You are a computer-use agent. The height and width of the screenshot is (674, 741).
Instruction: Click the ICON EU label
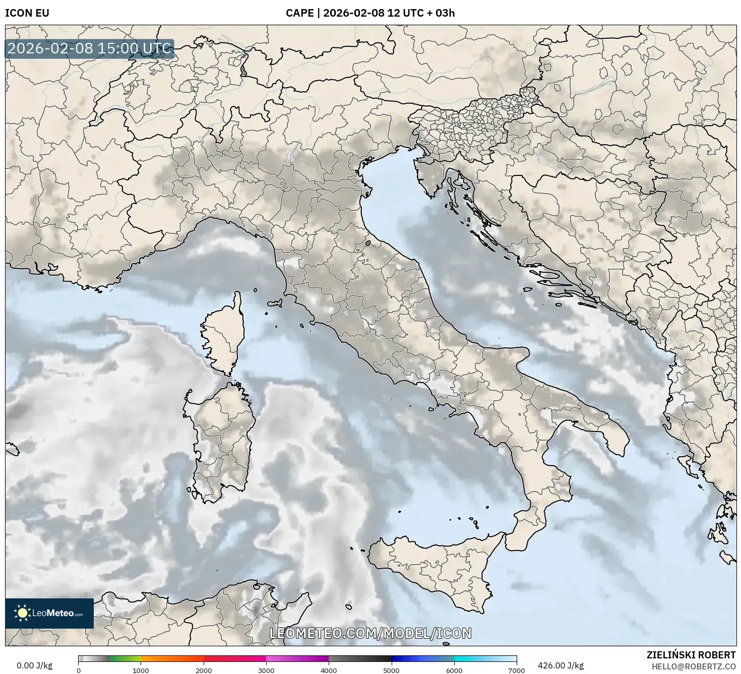[x=27, y=13]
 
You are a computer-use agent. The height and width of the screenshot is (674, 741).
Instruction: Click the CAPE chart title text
[x=370, y=13]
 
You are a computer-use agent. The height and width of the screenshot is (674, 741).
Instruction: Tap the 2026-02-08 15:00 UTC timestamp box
[x=90, y=49]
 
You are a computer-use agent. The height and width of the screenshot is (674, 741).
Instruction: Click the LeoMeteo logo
[x=49, y=613]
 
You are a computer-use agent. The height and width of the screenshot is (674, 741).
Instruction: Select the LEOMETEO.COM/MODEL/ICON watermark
[x=371, y=633]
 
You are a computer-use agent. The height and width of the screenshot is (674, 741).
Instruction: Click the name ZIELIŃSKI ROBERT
[x=691, y=655]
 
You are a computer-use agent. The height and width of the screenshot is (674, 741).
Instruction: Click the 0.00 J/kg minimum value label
[x=34, y=665]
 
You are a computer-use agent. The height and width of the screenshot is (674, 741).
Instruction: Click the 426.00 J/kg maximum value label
[x=561, y=665]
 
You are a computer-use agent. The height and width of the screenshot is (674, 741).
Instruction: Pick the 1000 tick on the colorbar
[x=141, y=670]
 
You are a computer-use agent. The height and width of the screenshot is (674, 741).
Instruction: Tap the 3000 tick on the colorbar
[x=266, y=670]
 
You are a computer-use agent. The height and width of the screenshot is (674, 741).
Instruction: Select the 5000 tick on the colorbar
[x=392, y=670]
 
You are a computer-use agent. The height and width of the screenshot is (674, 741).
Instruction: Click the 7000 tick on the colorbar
[x=517, y=670]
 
